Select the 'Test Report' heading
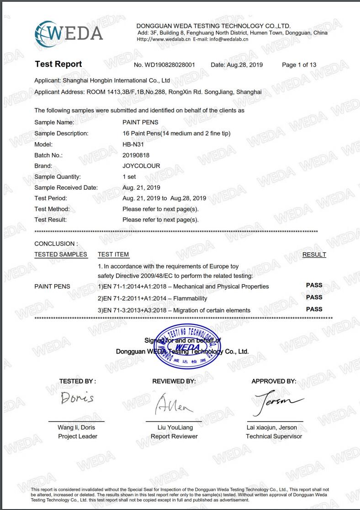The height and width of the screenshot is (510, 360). coord(58,64)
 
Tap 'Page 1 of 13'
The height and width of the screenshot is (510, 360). coord(299,65)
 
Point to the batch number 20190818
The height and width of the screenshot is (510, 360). coord(136,155)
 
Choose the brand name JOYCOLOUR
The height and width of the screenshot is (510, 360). coord(141,166)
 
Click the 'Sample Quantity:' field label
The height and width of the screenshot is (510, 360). coord(58,177)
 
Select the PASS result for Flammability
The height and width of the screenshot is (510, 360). coord(314,297)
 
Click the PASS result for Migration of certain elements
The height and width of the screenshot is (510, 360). coord(314,309)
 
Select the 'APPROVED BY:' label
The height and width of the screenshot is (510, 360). coord(274,381)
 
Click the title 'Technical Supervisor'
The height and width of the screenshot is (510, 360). coord(274,436)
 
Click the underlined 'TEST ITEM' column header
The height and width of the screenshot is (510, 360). coord(113,255)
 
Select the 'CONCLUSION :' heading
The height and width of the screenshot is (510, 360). coord(56,244)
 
